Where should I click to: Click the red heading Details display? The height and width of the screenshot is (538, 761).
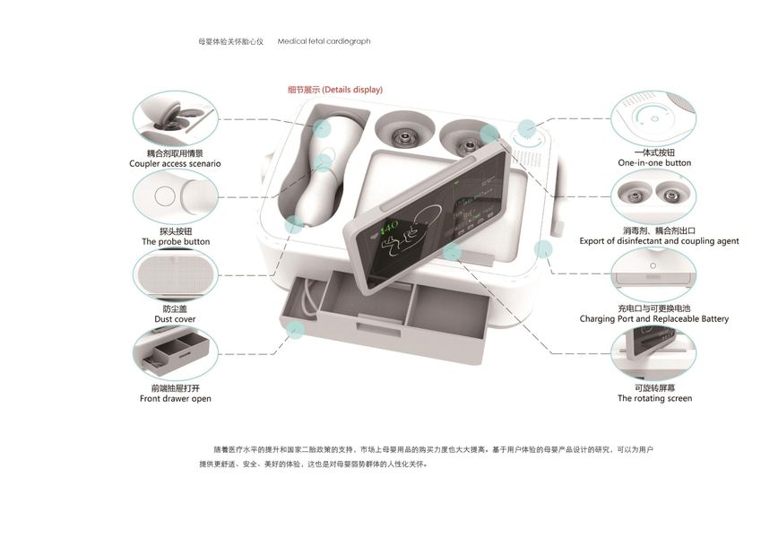335,90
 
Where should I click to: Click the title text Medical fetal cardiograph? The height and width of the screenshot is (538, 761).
324,41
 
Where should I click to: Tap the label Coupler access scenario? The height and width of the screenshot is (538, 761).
175,164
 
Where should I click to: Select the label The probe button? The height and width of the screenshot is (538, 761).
176,242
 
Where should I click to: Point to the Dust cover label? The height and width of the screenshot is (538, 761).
175,320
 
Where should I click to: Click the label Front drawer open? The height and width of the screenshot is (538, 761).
176,398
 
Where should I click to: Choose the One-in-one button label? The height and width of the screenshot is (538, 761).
654,163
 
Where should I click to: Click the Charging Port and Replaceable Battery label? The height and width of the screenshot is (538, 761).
654,318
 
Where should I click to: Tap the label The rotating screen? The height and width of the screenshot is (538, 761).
654,398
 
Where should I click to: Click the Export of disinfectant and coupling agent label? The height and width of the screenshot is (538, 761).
659,240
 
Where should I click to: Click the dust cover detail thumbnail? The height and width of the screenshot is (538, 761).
175,274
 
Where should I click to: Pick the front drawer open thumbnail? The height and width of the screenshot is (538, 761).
175,353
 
